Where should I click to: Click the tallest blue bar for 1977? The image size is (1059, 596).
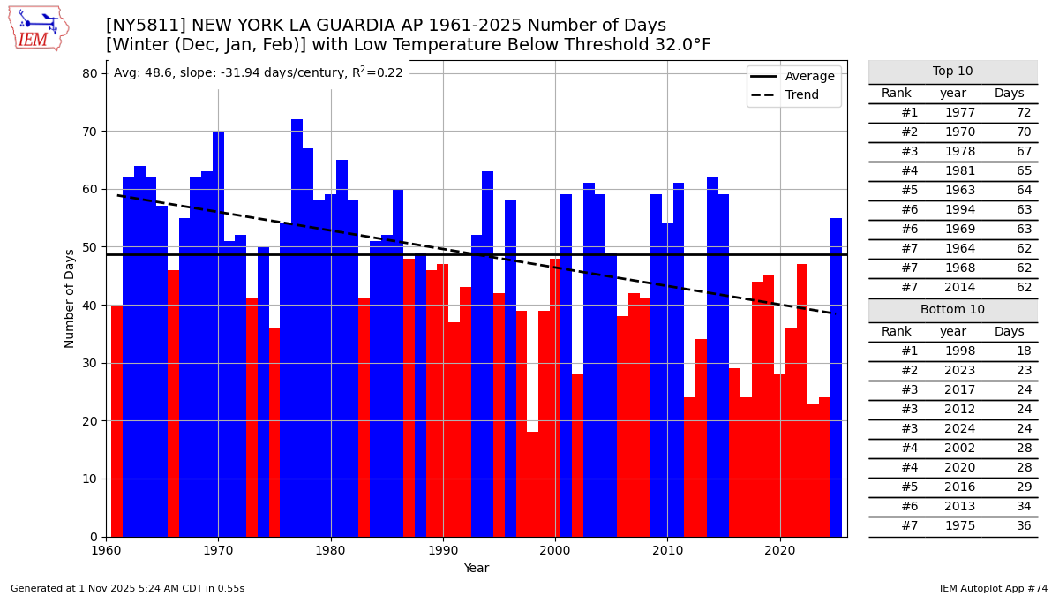coord(297,327)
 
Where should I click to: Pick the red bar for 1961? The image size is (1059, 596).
coord(117,420)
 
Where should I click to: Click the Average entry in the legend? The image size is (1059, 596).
coord(809,77)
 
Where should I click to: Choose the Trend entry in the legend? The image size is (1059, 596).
coord(801,95)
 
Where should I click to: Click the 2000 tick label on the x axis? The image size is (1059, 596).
coord(555,550)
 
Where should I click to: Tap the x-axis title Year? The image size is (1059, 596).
coord(477,569)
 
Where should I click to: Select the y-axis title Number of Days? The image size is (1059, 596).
coord(70,298)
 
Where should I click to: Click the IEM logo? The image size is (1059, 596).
coord(38,28)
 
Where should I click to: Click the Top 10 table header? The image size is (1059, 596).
coord(952,72)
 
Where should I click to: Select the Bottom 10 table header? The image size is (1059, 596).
coord(952,310)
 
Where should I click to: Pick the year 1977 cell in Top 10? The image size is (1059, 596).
coord(960,113)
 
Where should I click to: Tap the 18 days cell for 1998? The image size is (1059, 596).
coord(1023,351)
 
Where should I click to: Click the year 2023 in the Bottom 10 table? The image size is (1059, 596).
coord(960,371)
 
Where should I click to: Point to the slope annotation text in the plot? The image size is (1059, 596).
coord(258,73)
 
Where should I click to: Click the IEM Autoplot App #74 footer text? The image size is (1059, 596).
coord(994,588)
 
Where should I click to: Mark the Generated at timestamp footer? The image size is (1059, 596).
coord(127,588)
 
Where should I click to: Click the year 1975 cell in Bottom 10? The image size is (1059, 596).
coord(960,526)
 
